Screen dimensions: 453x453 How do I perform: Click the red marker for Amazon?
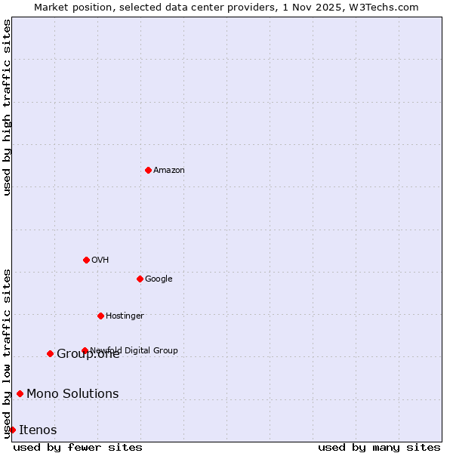pyautogui.click(x=148, y=170)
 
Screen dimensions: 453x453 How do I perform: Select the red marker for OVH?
pyautogui.click(x=86, y=260)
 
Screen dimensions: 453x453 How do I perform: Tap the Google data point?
pyautogui.click(x=140, y=279)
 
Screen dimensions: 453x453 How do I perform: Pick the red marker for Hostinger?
pyautogui.click(x=100, y=316)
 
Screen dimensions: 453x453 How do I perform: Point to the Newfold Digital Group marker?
pyautogui.click(x=85, y=350)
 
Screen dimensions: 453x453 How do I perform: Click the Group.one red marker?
pyautogui.click(x=50, y=353)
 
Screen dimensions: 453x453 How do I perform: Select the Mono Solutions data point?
pyautogui.click(x=20, y=393)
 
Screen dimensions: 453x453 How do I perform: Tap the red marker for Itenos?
pyautogui.click(x=12, y=430)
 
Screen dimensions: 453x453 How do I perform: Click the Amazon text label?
pyautogui.click(x=169, y=171)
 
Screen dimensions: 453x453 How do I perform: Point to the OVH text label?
pyautogui.click(x=100, y=260)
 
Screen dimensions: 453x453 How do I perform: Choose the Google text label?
pyautogui.click(x=159, y=279)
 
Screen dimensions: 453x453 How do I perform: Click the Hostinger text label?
pyautogui.click(x=125, y=316)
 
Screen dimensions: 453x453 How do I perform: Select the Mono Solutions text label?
pyautogui.click(x=72, y=394)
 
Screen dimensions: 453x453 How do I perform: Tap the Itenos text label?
pyautogui.click(x=38, y=430)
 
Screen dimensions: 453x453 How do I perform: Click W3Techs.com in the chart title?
pyautogui.click(x=384, y=7)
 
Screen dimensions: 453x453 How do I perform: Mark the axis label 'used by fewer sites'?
pyautogui.click(x=78, y=448)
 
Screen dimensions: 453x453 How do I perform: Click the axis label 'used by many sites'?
pyautogui.click(x=379, y=448)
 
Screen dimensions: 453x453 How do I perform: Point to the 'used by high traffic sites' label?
pyautogui.click(x=7, y=107)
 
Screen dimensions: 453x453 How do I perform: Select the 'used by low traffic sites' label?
pyautogui.click(x=7, y=353)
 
